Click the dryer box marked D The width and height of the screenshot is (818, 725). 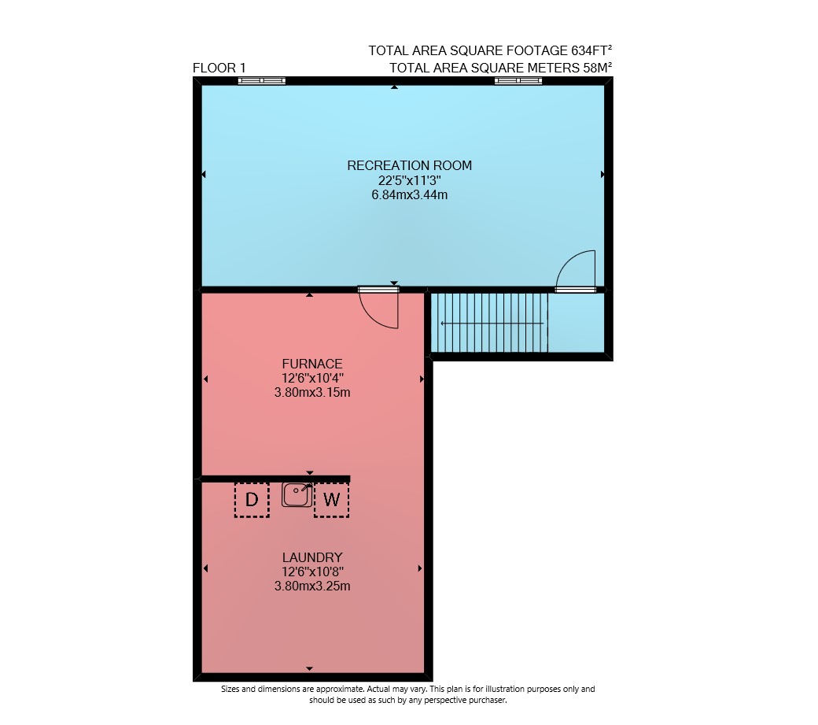pyautogui.click(x=252, y=500)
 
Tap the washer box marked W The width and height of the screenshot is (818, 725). pyautogui.click(x=331, y=500)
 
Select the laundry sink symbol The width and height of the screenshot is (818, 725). pyautogui.click(x=297, y=494)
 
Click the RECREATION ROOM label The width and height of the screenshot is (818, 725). pyautogui.click(x=410, y=165)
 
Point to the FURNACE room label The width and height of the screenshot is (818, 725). pyautogui.click(x=312, y=364)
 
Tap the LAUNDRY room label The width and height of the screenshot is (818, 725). pyautogui.click(x=312, y=557)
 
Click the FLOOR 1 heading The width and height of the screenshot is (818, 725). pyautogui.click(x=219, y=68)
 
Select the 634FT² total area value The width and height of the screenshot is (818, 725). pyautogui.click(x=591, y=50)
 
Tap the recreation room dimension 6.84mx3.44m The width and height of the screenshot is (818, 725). pyautogui.click(x=410, y=194)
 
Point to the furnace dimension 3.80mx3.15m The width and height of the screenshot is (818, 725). pyautogui.click(x=312, y=392)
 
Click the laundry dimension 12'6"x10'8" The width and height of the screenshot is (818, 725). pyautogui.click(x=312, y=572)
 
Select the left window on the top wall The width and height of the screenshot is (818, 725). pyautogui.click(x=262, y=80)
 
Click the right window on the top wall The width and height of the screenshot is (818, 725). pyautogui.click(x=518, y=80)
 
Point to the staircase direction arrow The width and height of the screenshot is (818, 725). pyautogui.click(x=492, y=324)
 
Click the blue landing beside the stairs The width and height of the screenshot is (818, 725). pyautogui.click(x=576, y=323)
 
